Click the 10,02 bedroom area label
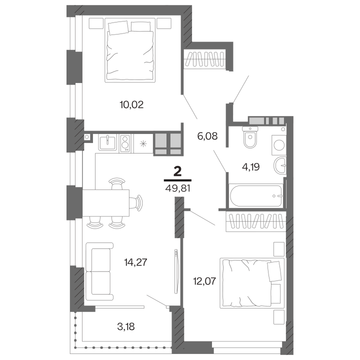coord(131,104)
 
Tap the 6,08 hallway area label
coord(207,136)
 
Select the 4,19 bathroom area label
coord(250,167)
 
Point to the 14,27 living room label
coord(135,262)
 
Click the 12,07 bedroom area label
coord(204,281)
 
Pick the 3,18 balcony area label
coord(126,326)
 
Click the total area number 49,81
coord(177,188)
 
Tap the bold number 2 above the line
coord(178,171)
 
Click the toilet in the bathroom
coord(250,137)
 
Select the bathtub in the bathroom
coord(256,195)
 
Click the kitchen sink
coord(107,142)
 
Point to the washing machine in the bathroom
coord(278,145)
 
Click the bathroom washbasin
coord(280,165)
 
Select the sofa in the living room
coord(99,271)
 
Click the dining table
coord(105,202)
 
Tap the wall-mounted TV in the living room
coord(176,271)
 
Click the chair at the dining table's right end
coord(136,202)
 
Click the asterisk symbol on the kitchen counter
coord(143,143)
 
